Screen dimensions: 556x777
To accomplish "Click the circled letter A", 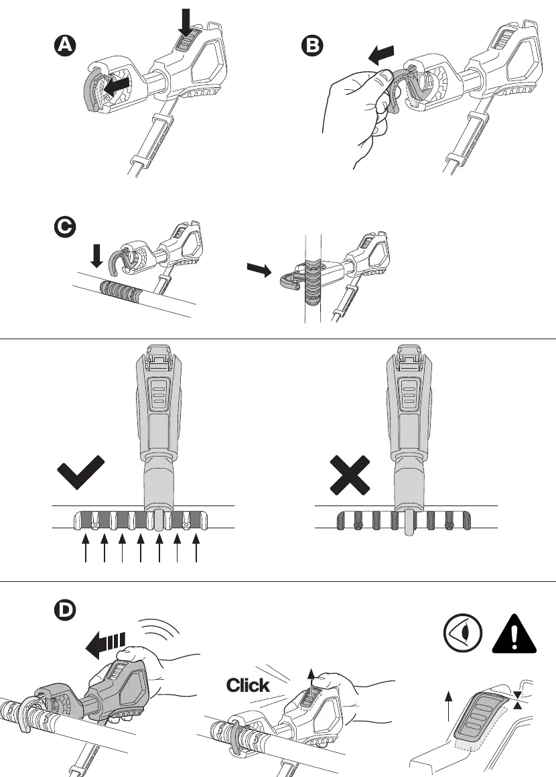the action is pos(65,46).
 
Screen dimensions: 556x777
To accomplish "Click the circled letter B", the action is pos(312,46).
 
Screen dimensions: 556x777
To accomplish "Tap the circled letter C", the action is pos(65,227).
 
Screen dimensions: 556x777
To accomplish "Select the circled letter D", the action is pos(65,609).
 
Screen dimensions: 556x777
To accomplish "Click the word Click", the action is pos(248,685).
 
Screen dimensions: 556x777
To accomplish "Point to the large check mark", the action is pos(80,473).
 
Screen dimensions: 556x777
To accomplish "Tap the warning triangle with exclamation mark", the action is pos(514,634).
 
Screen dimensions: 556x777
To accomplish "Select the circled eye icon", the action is pos(463,634).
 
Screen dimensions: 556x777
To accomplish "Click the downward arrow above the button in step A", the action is pos(186,22).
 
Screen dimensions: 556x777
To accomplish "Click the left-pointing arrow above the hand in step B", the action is pos(381,54).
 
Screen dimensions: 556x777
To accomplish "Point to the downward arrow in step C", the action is pos(97,256).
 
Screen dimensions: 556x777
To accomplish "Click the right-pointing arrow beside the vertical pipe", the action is pos(259,269).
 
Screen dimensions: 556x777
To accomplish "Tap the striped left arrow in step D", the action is pos(105,645).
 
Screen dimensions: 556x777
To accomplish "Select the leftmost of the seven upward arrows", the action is pos(86,548).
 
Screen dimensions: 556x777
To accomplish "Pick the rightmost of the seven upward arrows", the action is pos(196,548).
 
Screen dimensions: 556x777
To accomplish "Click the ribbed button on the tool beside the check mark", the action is pos(159,395).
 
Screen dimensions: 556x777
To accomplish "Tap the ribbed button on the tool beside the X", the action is pos(409,395).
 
